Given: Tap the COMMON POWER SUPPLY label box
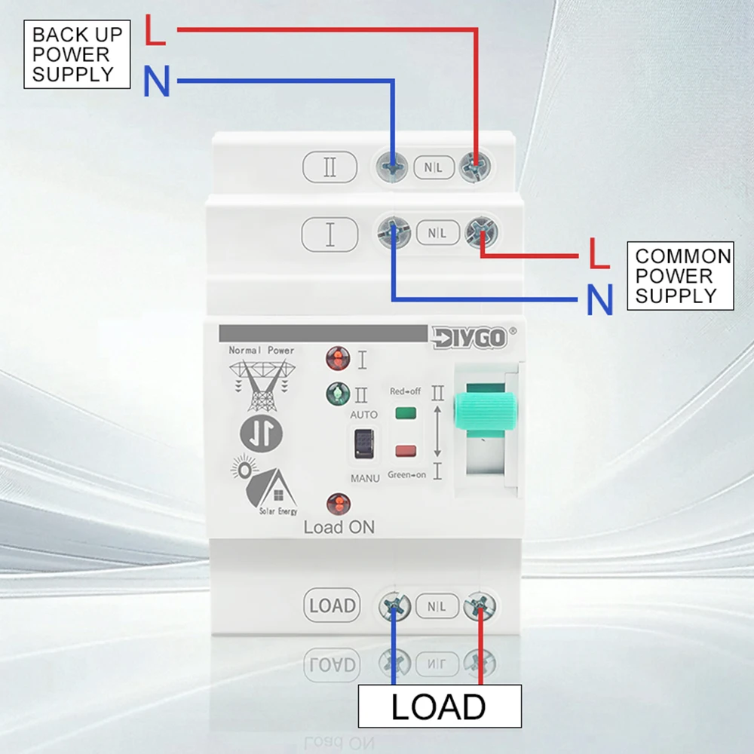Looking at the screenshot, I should (680, 276).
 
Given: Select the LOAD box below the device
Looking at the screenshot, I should (439, 706).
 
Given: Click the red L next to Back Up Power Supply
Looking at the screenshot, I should (155, 32).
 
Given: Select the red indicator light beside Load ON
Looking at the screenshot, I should (338, 503).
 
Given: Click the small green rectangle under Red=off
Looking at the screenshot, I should (406, 412).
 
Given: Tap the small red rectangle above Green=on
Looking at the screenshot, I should (406, 452).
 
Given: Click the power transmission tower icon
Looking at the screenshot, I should (261, 385).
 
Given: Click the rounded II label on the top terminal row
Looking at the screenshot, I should (329, 167).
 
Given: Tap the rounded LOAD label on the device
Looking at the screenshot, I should (332, 605).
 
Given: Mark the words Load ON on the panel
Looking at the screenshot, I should (339, 527).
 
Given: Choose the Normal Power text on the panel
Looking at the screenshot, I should (261, 351).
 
